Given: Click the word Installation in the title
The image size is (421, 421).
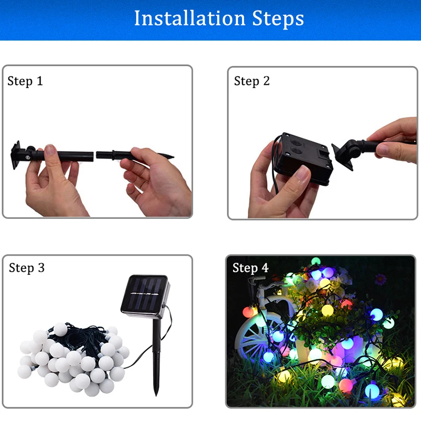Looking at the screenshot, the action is [x=190, y=18].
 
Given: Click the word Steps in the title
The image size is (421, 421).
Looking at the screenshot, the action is [x=278, y=18].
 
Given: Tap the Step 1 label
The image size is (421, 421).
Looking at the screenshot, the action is [x=25, y=81].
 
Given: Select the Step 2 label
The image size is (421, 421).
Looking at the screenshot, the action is [x=252, y=81].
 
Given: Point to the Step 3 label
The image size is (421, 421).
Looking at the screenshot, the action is [x=27, y=268].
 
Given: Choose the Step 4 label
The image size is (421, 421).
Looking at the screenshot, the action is [x=250, y=268].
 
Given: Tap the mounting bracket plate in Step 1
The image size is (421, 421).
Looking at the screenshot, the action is [x=16, y=155].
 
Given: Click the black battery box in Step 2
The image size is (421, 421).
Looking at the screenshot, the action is [x=304, y=158].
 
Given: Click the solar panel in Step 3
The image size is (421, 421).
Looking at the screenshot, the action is [x=145, y=294].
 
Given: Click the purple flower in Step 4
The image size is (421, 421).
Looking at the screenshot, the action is [x=380, y=279].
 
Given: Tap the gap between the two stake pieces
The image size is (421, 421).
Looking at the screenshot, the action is [x=95, y=155].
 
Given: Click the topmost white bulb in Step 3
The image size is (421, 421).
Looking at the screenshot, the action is [x=60, y=329].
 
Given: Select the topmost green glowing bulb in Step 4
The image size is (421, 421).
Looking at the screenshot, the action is [x=316, y=261].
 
